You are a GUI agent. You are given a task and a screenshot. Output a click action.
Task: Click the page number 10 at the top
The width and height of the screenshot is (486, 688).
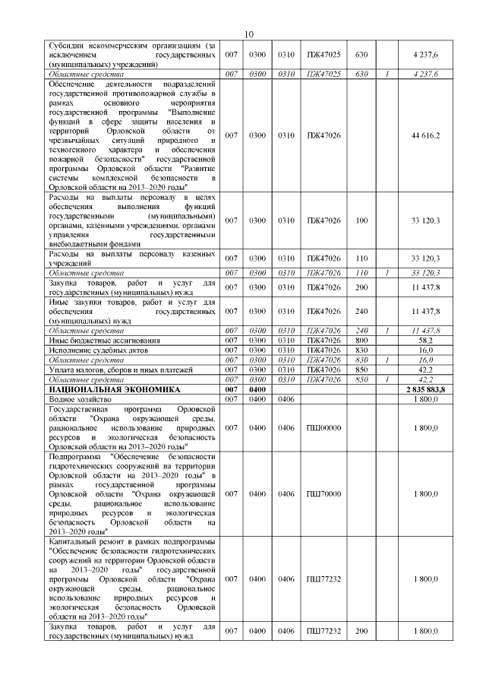pos(252,33)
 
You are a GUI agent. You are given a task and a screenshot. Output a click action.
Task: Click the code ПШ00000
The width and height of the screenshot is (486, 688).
pos(323,428)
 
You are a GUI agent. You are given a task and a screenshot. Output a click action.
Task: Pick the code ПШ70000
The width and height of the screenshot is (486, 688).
pos(323,493)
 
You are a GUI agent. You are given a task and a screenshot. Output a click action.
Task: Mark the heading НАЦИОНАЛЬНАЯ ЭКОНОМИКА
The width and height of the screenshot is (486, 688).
pos(115,389)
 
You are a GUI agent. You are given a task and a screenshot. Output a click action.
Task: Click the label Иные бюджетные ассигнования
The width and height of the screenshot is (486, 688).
pos(103,341)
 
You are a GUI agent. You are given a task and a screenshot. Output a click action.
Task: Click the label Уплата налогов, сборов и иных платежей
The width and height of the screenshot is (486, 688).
pos(120,369)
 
